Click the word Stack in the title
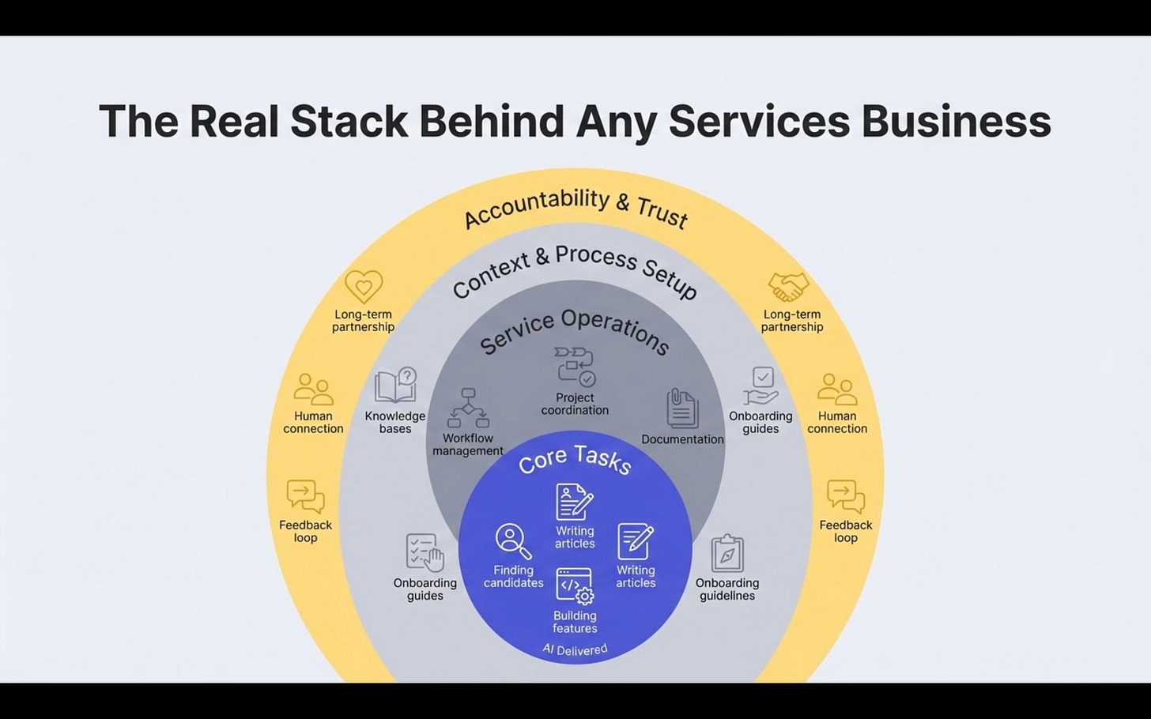[349, 122]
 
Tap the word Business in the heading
[956, 122]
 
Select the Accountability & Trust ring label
[575, 207]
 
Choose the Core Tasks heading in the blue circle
[575, 459]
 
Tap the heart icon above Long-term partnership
[364, 287]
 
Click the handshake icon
[788, 287]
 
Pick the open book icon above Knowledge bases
[395, 386]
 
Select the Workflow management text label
[468, 445]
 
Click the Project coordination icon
[575, 366]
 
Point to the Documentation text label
[682, 439]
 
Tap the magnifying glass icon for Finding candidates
[513, 541]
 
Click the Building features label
[575, 622]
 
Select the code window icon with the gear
[575, 585]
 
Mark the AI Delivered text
[575, 649]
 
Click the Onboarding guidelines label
[727, 589]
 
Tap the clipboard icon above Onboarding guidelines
[727, 553]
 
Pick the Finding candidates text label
[514, 576]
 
